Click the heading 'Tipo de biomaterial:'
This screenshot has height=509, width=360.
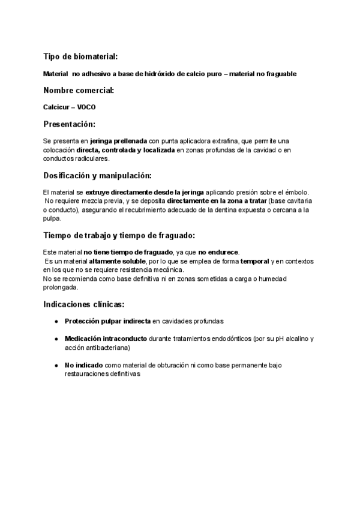pos(80,56)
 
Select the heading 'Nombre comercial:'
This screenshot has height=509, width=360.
pos(78,91)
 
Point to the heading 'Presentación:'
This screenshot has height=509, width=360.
pos(69,124)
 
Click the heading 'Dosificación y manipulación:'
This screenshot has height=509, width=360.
pos(97,175)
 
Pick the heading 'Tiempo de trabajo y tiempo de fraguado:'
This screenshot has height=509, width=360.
pos(119,235)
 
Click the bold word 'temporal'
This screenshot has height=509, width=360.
pos(254,261)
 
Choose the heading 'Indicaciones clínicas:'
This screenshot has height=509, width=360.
pos(84,304)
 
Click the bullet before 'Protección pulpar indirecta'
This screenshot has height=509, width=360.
pos(56,321)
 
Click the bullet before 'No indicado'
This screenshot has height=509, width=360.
pos(56,365)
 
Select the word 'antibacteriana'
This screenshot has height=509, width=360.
pos(108,348)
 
